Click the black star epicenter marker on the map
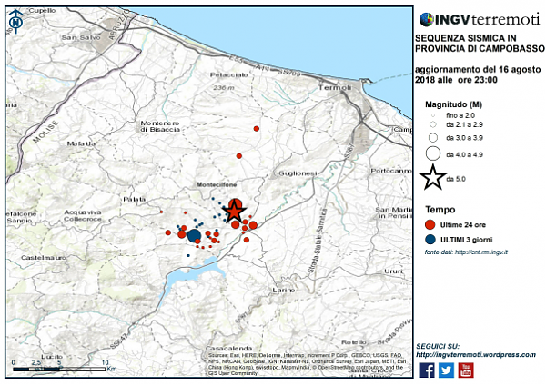[x=234, y=211]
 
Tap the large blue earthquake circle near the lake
[x=194, y=237]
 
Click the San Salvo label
[x=78, y=37]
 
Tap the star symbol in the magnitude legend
[x=433, y=178]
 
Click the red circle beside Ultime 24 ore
[x=430, y=223]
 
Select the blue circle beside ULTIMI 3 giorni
[x=430, y=239]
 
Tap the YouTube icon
[x=466, y=369]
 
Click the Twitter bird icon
[x=446, y=369]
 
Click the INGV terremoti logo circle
[x=425, y=18]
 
